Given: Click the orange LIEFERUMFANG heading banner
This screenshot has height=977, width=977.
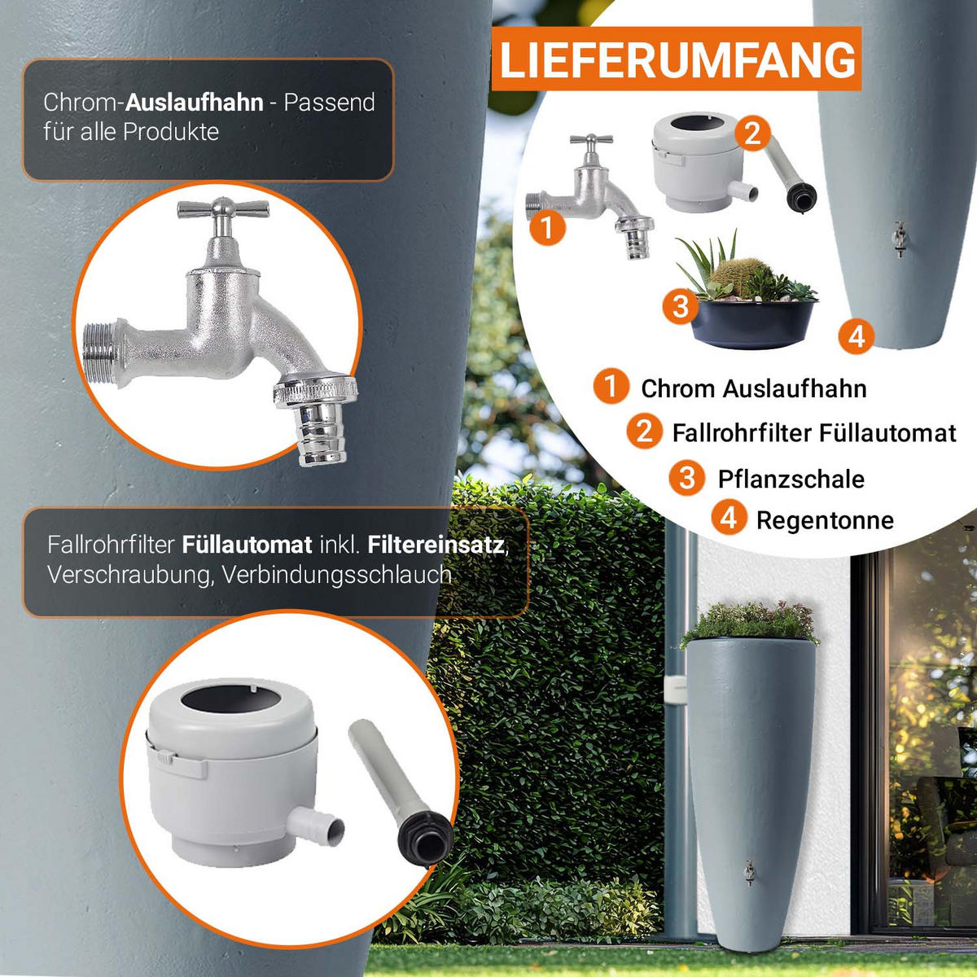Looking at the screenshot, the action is (x=677, y=59).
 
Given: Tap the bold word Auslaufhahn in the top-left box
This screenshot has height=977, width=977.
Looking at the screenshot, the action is (x=195, y=103).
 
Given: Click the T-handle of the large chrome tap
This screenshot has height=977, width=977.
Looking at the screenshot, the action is (x=223, y=208).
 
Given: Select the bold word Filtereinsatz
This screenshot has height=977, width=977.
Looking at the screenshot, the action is (x=436, y=545).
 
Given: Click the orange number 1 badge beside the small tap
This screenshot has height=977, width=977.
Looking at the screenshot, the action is (x=547, y=228).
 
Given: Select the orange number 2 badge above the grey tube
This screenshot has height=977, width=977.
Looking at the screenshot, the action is (x=752, y=134).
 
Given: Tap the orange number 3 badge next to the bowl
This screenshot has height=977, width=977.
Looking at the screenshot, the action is (x=681, y=306).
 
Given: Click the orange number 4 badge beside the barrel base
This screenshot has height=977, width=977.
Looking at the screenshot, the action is (x=856, y=336).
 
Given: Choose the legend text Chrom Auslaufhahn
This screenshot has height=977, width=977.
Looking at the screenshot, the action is (x=753, y=389).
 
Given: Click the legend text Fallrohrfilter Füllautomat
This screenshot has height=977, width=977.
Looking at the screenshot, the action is (x=813, y=433).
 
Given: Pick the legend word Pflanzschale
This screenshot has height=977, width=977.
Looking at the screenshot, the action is (x=791, y=479).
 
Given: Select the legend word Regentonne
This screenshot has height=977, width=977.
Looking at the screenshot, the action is (x=825, y=520).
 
